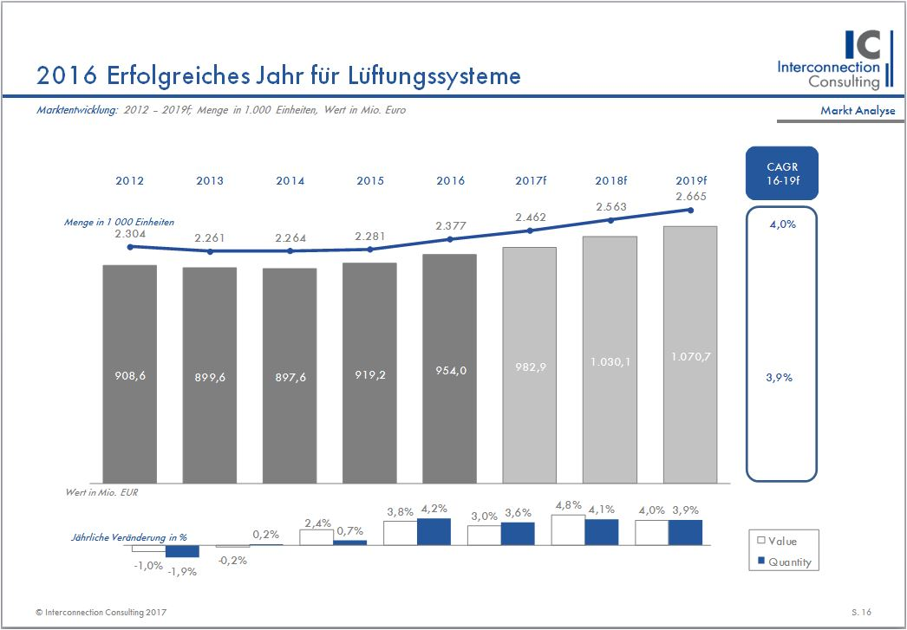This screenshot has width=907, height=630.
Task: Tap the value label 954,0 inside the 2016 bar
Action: [449, 370]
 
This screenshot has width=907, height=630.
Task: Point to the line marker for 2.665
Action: [691, 210]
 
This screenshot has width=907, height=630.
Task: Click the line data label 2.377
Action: [449, 226]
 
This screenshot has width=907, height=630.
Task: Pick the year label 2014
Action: [290, 181]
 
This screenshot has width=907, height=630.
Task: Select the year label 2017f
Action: [530, 181]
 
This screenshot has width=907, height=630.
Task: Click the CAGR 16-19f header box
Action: [781, 173]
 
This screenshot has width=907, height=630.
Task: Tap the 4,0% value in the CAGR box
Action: [781, 225]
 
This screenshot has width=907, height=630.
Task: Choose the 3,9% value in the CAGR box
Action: [780, 378]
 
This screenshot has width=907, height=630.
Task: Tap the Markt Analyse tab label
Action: [858, 111]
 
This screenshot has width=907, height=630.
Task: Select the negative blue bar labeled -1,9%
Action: [182, 551]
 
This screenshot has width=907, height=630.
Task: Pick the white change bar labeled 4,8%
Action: [568, 531]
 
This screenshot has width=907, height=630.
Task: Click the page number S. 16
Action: [861, 612]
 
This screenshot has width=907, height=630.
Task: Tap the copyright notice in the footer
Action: [101, 612]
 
